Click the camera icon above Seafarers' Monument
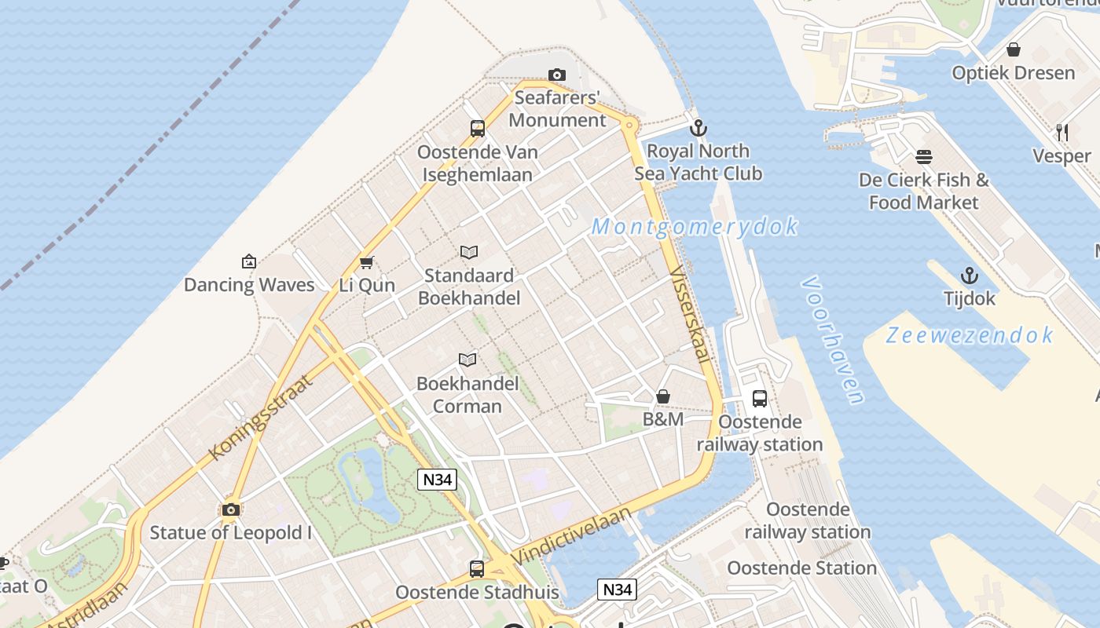557,75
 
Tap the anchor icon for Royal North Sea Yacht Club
698,127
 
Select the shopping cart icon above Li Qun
366,262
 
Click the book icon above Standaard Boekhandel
469,252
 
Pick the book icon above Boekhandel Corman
467,360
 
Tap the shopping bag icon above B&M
663,396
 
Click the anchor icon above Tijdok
970,276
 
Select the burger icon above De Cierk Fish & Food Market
924,157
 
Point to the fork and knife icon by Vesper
1062,132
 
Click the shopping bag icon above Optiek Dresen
1014,49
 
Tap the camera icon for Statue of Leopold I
230,509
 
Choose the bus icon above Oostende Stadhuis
476,568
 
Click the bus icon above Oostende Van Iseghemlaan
477,129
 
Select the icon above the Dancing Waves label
249,261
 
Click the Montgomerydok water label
695,227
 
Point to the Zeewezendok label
969,335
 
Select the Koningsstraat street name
261,417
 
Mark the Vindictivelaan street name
571,535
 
